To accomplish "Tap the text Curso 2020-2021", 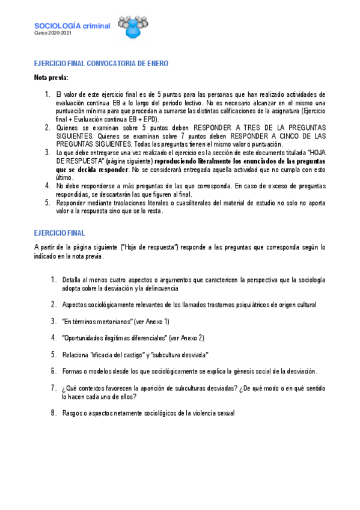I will [52, 33].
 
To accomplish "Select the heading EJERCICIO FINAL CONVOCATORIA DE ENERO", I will [101, 63].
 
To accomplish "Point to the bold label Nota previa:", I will [51, 78].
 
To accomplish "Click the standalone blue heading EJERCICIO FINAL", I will [59, 233].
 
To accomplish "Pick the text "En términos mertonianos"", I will [97, 321].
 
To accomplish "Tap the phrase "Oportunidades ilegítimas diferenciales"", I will [114, 337].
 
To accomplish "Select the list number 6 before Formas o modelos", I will [53, 370].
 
